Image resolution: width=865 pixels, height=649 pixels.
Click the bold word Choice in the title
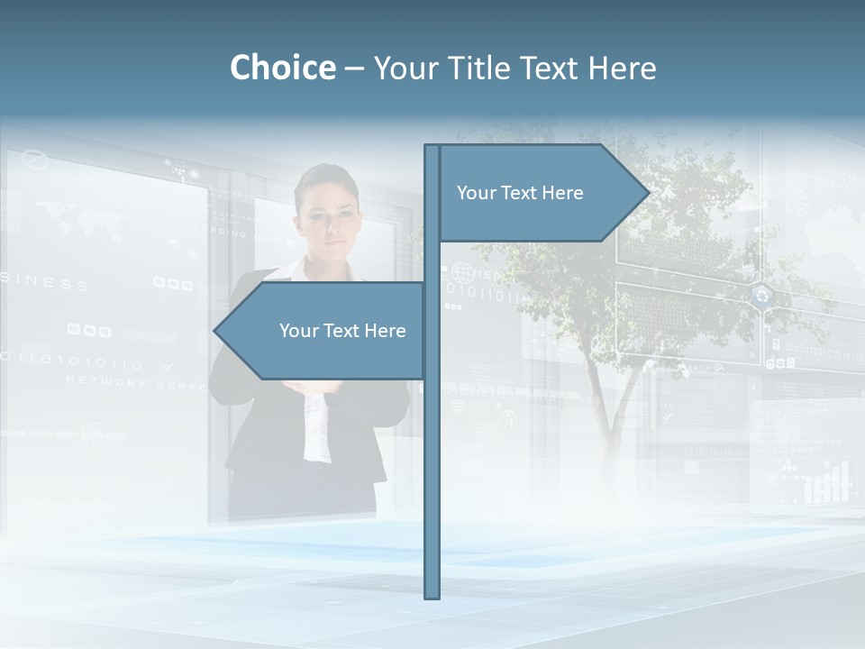coord(282,68)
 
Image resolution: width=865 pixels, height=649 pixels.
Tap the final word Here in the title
coord(622,68)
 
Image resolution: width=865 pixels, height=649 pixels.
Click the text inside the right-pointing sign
coord(520,193)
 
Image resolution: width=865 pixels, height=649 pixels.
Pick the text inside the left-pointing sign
coord(342,331)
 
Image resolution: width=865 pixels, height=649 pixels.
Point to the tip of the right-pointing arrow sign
coord(648,192)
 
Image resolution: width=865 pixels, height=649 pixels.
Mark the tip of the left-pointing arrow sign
coord(214,331)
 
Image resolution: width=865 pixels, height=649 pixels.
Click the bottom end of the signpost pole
coord(432,595)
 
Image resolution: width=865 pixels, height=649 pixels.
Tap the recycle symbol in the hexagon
coord(763,295)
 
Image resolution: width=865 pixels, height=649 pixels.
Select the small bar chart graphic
coord(827,484)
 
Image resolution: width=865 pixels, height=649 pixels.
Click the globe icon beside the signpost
coord(461,271)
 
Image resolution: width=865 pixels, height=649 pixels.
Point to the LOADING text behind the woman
coord(227,233)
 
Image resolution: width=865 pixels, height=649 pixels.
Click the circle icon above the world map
coord(33,160)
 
